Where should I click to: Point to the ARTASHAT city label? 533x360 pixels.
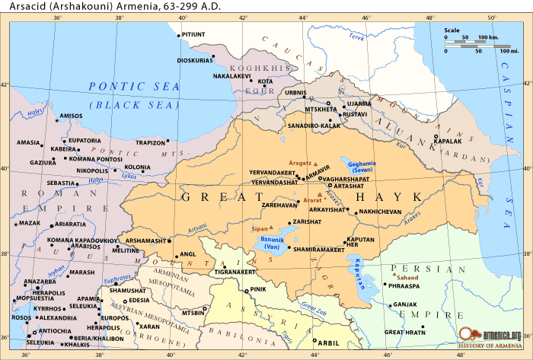(x=349, y=186)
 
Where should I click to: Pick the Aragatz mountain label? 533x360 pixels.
(x=301, y=164)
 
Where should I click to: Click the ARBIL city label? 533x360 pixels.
(x=327, y=342)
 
